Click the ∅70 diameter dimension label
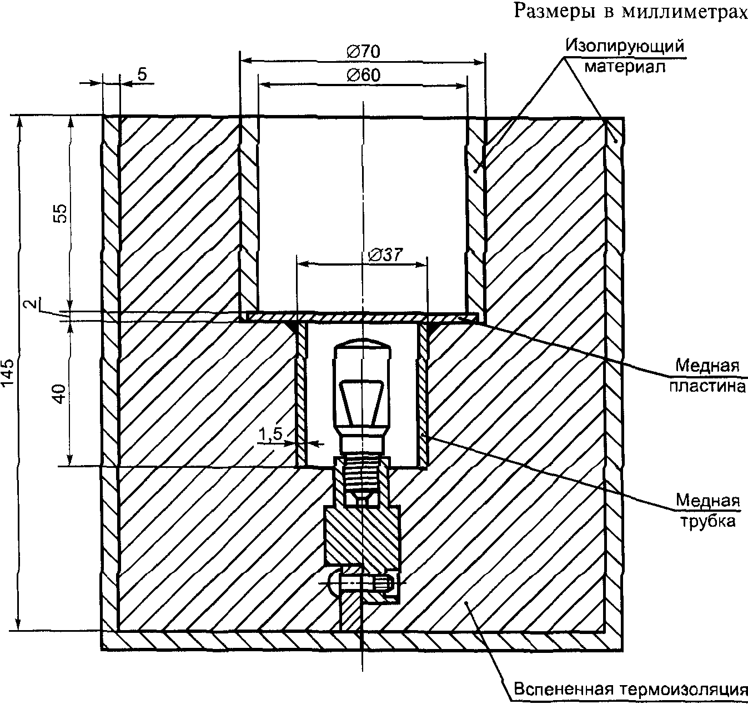coord(363,52)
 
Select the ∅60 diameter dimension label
coord(364,76)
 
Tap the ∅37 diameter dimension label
coord(385,255)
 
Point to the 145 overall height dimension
coord(8,372)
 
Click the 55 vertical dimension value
coord(61,214)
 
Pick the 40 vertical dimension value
coord(61,394)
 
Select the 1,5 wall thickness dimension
coord(270,435)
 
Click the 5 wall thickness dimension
coord(142,74)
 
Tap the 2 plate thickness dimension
coord(34,303)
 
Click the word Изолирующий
coord(625,46)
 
